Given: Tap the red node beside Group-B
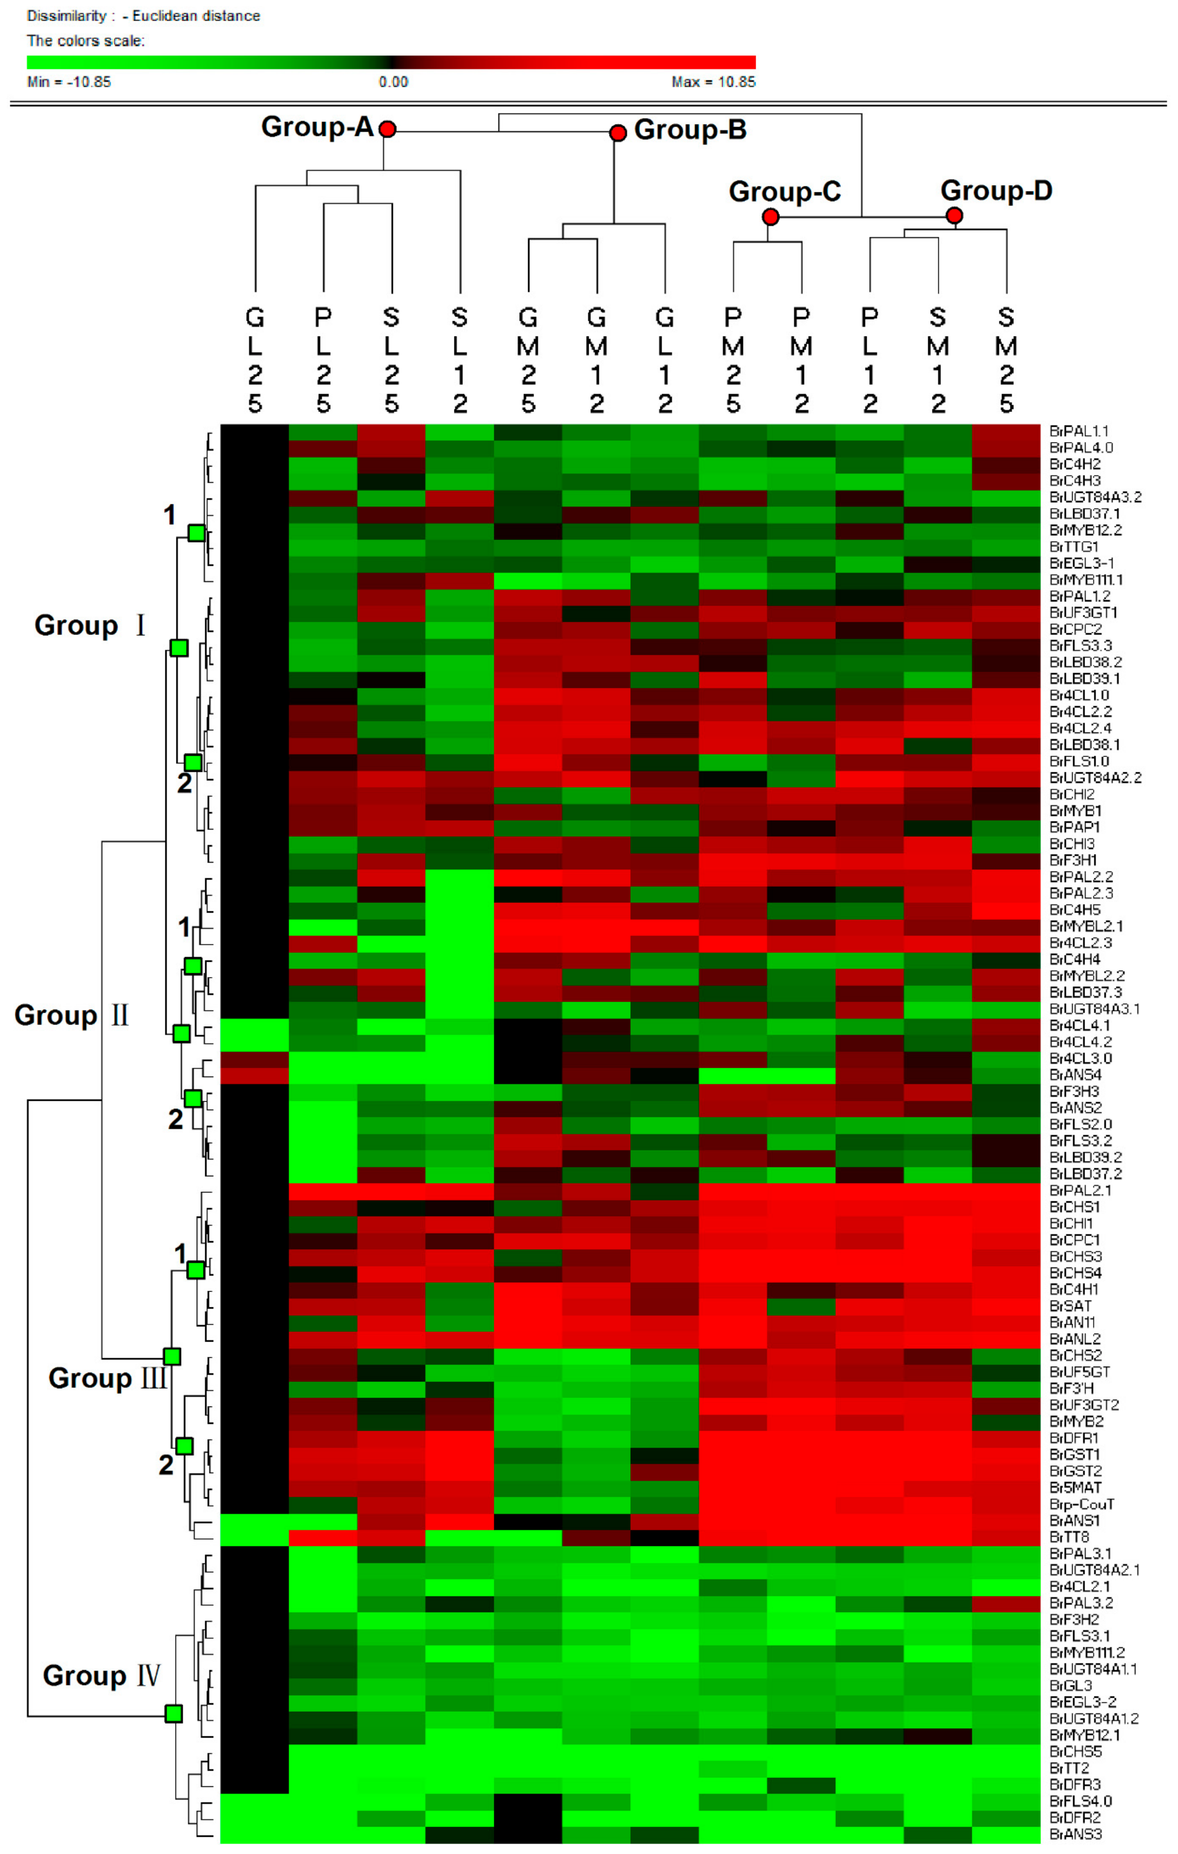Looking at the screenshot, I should pos(617,133).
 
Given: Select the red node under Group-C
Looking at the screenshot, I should pos(770,217).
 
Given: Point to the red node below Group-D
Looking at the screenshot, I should pos(954,215).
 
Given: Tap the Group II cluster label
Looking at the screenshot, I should pos(71,1016).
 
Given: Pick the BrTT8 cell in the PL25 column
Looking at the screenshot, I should pos(323,1537).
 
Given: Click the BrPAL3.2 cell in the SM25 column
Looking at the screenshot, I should pos(1006,1603).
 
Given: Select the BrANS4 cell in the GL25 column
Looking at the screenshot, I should pos(254,1075).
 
